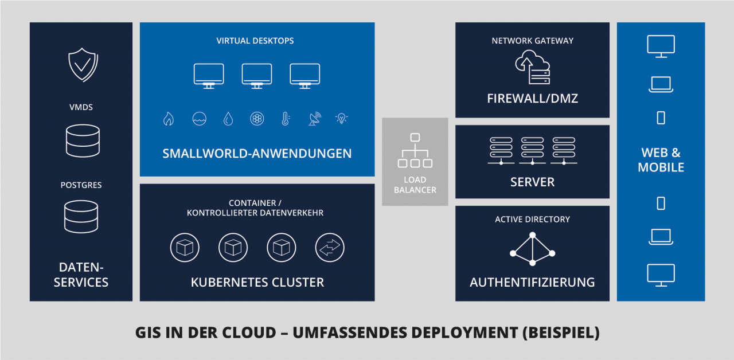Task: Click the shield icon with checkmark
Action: (83, 65)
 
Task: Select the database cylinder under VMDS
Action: (83, 141)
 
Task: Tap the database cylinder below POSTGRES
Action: (81, 217)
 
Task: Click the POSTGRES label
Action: (81, 185)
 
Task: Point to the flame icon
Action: (169, 119)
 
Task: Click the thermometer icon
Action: (286, 119)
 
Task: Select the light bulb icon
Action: (341, 118)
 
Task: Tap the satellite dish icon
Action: (315, 119)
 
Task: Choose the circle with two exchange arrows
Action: (330, 247)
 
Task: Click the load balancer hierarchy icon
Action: (415, 151)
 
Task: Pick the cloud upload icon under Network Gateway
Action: (532, 67)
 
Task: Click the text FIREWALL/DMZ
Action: (533, 99)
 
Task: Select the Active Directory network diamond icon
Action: (533, 249)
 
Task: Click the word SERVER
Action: (533, 182)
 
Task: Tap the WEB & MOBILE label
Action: (661, 160)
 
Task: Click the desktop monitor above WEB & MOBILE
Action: (661, 46)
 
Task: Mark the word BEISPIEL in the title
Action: (561, 333)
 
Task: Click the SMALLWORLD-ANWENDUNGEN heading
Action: (257, 154)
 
